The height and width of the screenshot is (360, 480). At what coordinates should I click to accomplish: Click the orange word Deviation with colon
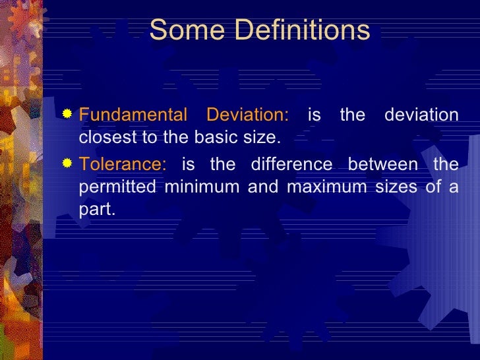[x=247, y=115]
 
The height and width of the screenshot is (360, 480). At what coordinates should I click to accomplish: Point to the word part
[x=96, y=210]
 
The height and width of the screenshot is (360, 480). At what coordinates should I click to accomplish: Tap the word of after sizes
[x=432, y=187]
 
